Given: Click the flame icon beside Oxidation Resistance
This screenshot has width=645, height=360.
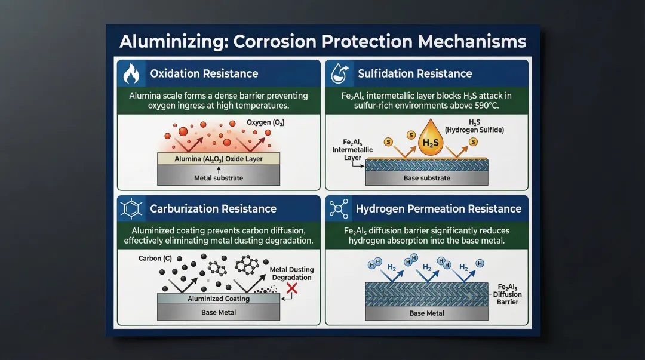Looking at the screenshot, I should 130,74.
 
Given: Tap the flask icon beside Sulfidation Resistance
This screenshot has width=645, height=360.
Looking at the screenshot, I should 339,74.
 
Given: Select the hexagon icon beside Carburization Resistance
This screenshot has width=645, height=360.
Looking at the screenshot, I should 130,209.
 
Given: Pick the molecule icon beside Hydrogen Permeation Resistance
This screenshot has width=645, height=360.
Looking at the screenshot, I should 339,209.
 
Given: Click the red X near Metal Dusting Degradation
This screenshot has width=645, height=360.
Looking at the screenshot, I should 291,289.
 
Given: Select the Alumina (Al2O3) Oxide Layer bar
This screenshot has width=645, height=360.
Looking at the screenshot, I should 217,159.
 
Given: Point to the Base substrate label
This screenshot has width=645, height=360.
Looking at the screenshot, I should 426,178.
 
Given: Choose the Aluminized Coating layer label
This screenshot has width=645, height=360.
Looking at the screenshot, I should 218,299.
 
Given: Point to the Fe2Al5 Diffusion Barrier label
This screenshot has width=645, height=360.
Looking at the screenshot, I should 507,294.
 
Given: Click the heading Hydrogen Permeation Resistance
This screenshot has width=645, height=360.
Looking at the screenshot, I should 438,209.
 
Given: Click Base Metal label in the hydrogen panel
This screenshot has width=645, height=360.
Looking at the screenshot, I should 426,313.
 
